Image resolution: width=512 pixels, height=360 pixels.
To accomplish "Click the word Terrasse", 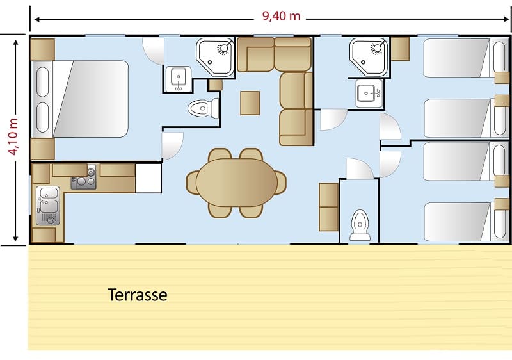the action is coord(137,295).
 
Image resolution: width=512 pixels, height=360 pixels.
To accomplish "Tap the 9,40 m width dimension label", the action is coord(281,16).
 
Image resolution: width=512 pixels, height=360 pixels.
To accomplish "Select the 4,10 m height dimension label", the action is coord(13,136).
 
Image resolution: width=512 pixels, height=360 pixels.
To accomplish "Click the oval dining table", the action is coord(237,183).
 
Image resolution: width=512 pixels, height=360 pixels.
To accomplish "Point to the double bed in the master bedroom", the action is coord(81,99).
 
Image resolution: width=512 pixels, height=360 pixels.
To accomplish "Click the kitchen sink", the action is coord(48,205).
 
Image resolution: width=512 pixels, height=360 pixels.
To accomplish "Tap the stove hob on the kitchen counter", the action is coord(84,178).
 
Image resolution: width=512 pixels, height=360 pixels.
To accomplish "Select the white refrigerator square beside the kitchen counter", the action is coord(148,178).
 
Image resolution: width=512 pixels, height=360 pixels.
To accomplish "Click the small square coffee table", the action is coord(250,103).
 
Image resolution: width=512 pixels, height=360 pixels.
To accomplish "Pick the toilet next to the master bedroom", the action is coord(203,108).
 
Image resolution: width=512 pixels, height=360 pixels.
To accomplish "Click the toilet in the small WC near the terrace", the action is coord(360,225).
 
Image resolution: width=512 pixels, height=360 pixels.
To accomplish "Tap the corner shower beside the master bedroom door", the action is coord(216,58).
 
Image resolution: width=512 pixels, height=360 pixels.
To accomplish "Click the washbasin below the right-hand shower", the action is coord(369,93).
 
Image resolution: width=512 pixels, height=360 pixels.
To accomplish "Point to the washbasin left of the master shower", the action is coord(178,79).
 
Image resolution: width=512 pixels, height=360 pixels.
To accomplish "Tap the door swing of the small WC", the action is coord(360,168).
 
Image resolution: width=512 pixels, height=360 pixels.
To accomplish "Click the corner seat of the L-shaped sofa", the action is coord(293,54).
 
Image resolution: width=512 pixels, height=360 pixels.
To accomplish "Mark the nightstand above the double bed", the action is coord(42,49).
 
